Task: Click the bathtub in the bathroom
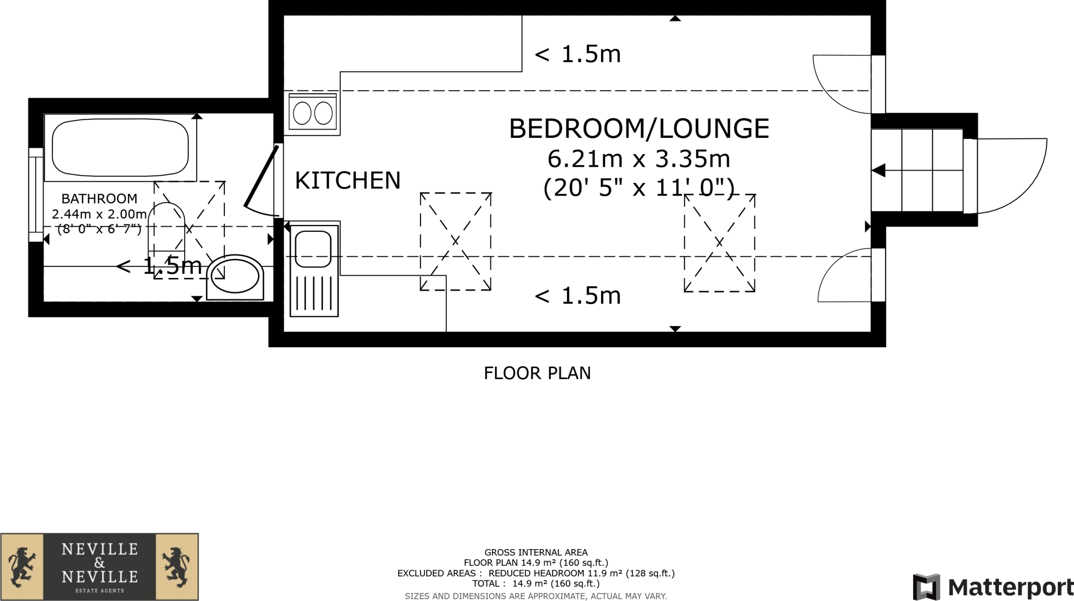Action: click(x=120, y=148)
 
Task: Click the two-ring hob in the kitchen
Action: click(x=313, y=113)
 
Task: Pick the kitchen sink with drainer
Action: click(x=314, y=270)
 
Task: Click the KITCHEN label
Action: click(x=347, y=180)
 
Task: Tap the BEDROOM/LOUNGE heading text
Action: click(x=639, y=128)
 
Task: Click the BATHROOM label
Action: click(x=99, y=199)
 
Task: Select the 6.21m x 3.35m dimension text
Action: click(x=639, y=158)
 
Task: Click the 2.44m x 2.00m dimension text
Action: click(x=99, y=214)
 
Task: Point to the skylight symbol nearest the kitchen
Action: click(x=455, y=241)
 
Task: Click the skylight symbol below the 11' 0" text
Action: click(x=719, y=243)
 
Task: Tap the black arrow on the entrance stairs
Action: click(x=879, y=170)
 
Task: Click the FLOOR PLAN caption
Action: click(x=537, y=373)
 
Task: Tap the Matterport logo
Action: click(x=993, y=586)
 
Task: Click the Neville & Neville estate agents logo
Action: click(x=100, y=566)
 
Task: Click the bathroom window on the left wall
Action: click(x=36, y=195)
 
